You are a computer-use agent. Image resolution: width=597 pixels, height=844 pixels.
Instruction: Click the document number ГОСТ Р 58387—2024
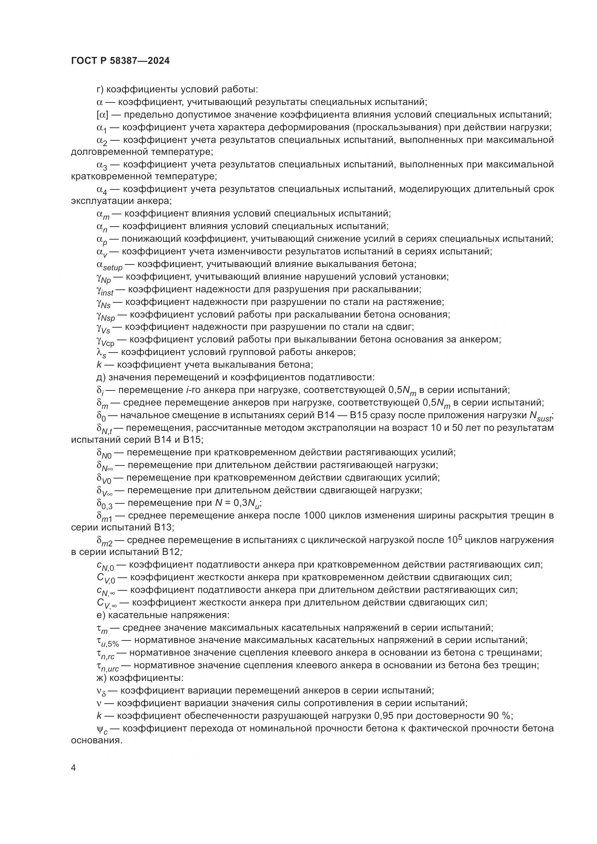(x=120, y=61)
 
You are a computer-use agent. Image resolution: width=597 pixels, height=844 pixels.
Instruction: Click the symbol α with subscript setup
(x=109, y=266)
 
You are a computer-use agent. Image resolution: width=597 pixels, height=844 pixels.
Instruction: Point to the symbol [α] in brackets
(x=102, y=115)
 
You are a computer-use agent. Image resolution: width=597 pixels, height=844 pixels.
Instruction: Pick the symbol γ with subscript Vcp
(x=105, y=340)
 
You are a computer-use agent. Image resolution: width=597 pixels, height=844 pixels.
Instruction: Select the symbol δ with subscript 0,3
(x=104, y=504)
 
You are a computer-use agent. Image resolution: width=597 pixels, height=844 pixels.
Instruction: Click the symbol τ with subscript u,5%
(x=108, y=642)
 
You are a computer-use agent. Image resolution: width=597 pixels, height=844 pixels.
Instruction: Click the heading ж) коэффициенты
(x=140, y=678)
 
